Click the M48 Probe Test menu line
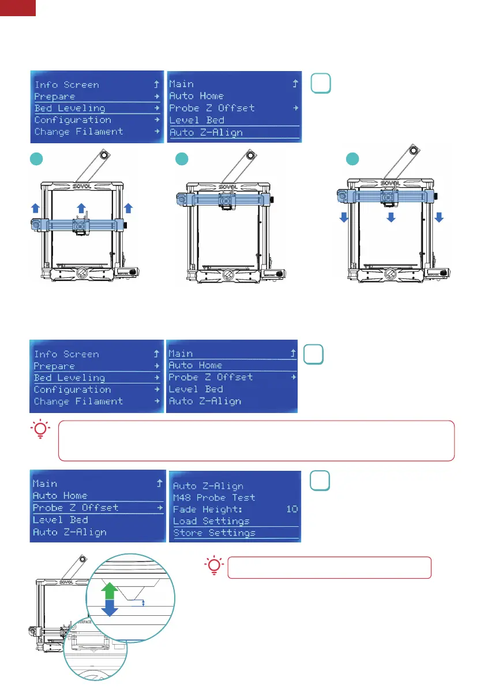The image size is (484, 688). click(213, 497)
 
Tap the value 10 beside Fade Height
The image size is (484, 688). click(292, 509)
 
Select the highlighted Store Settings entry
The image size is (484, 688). click(214, 533)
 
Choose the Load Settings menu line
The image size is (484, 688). click(211, 521)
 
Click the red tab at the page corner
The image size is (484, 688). click(18, 7)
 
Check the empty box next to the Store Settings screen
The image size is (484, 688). click(320, 481)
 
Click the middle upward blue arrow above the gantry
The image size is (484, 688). click(81, 207)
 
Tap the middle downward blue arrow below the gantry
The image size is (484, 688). click(391, 217)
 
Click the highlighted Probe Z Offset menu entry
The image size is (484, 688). click(76, 508)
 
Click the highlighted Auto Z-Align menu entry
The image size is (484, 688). click(206, 132)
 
